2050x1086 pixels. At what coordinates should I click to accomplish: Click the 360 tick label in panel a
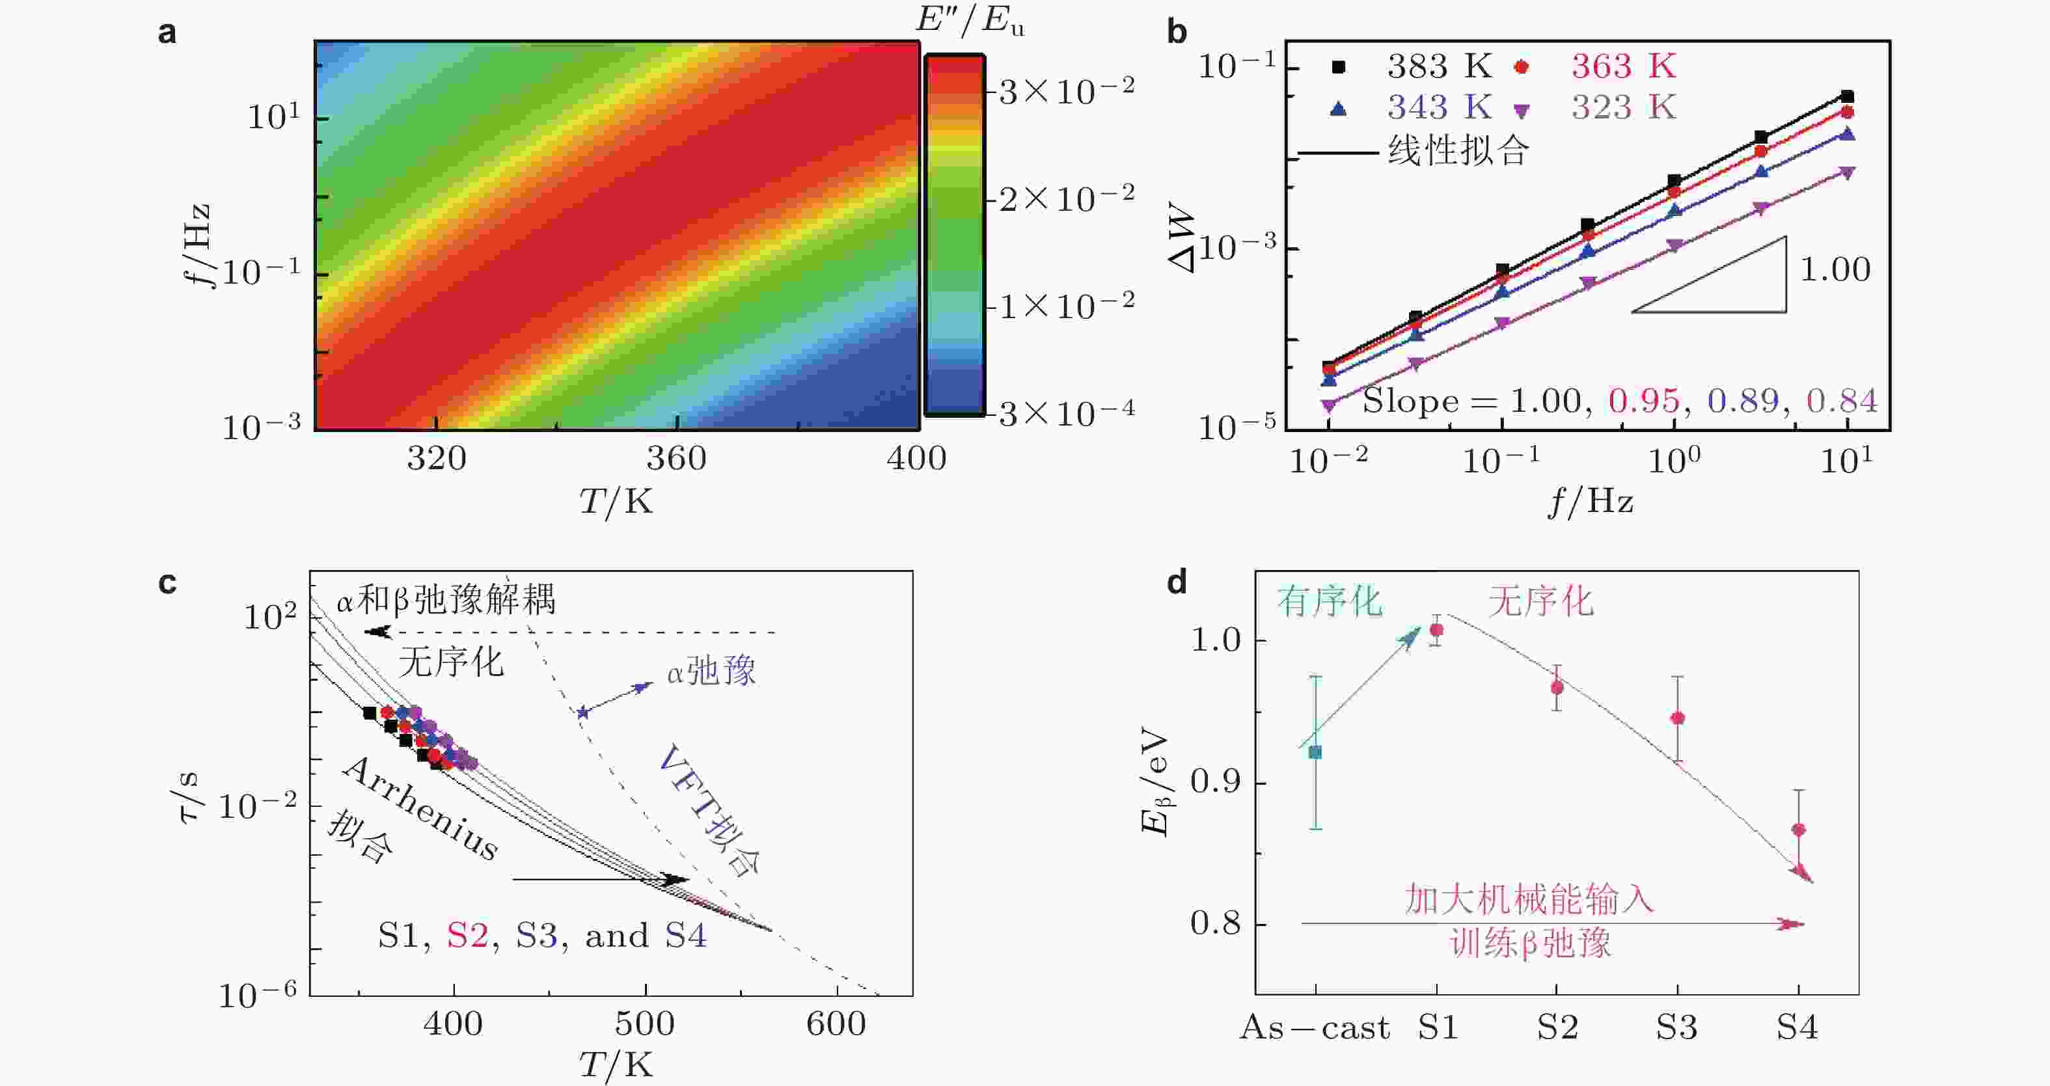[676, 459]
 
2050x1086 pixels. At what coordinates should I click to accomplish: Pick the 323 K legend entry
[1624, 107]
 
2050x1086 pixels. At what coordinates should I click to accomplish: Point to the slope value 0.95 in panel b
[1643, 400]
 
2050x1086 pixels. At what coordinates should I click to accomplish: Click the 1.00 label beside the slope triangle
[1835, 271]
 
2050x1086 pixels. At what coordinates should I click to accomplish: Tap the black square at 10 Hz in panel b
[1847, 96]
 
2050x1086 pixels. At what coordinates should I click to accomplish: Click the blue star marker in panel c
[582, 712]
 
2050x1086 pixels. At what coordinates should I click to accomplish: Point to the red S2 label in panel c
[467, 936]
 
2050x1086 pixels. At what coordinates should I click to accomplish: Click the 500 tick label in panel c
[644, 1024]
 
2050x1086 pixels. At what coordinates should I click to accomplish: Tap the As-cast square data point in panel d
[1315, 752]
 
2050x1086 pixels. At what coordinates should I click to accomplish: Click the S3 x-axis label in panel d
[1676, 1028]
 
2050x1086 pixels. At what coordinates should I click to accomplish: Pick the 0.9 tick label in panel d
[1215, 782]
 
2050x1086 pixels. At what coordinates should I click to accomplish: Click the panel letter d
[1177, 583]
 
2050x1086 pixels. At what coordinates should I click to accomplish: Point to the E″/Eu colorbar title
[969, 20]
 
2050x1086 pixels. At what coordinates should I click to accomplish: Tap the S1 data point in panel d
[1436, 630]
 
